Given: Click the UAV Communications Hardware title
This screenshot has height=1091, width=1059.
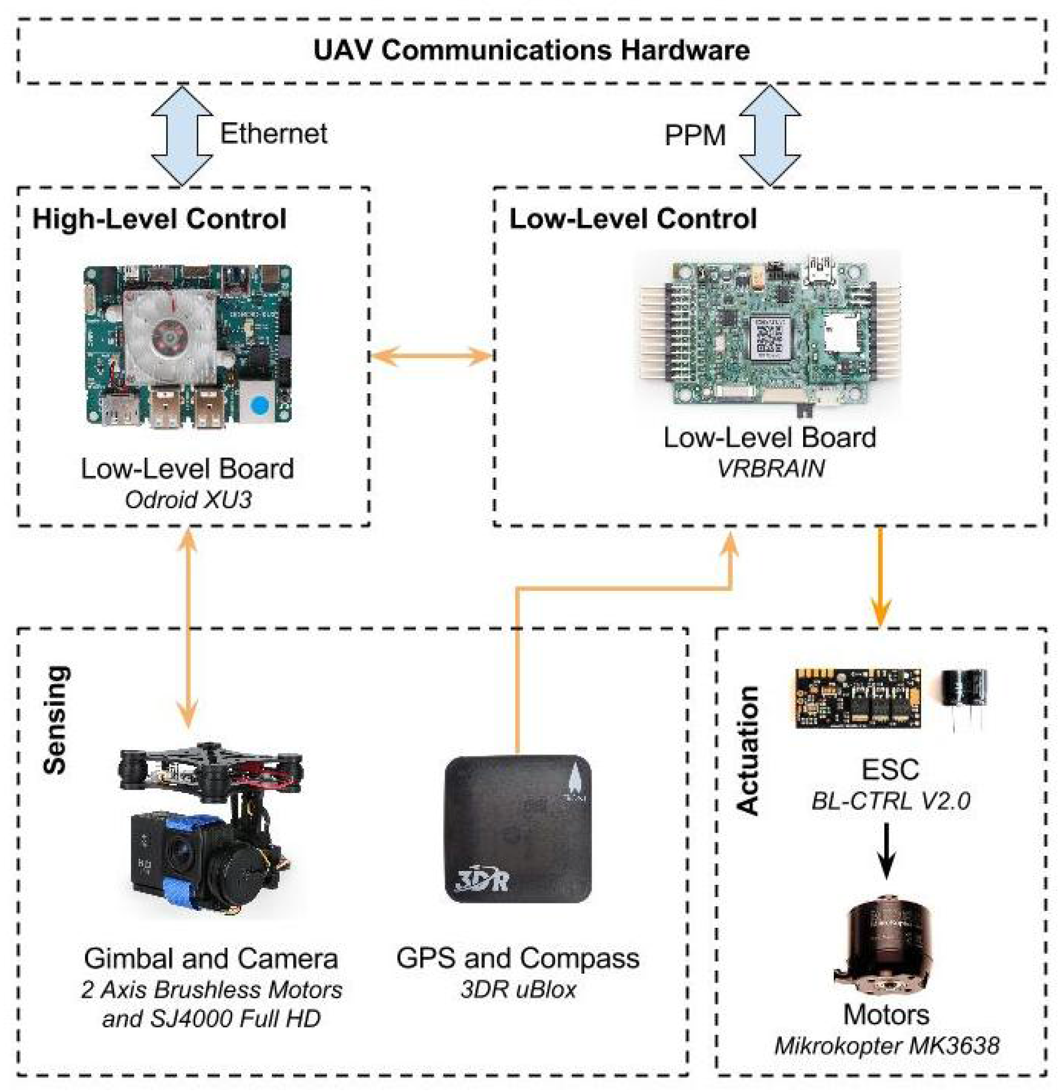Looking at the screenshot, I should (x=531, y=50).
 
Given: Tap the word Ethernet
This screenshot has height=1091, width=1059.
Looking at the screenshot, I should (x=273, y=133).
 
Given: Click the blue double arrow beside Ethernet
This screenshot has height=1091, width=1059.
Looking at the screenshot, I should (x=182, y=135).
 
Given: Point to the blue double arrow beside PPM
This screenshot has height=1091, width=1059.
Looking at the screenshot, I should (x=770, y=135).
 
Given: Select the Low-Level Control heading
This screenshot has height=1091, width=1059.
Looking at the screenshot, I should (x=633, y=219).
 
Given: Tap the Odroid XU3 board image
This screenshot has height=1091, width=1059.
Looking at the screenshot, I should (x=187, y=345).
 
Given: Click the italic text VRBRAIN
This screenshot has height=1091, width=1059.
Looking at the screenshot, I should (x=770, y=468).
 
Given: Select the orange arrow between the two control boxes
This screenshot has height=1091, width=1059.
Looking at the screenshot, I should (x=432, y=356).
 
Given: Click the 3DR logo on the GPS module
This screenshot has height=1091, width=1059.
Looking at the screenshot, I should (x=482, y=881).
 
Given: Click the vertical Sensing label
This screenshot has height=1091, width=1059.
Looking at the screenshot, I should (x=56, y=720).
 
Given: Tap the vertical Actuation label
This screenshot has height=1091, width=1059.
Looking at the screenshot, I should (x=747, y=751).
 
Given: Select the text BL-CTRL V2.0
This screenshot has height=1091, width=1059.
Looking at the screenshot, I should (x=890, y=801).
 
